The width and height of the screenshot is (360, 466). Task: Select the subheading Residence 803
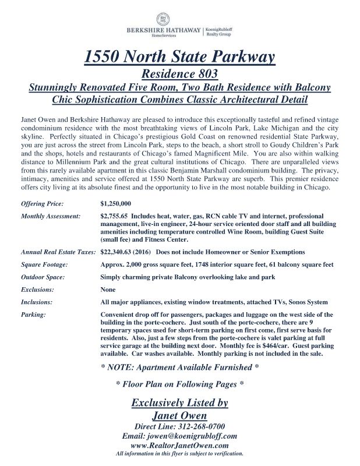click(x=180, y=74)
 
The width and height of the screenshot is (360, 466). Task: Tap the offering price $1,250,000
click(x=116, y=204)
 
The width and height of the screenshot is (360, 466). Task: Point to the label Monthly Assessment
click(x=50, y=216)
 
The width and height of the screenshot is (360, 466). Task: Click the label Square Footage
click(x=44, y=264)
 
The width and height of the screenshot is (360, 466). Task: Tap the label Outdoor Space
click(x=43, y=277)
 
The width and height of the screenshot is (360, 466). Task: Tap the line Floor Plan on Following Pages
click(x=179, y=384)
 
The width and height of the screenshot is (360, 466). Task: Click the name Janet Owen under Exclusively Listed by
click(x=179, y=416)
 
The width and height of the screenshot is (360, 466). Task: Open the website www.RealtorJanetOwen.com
click(x=179, y=446)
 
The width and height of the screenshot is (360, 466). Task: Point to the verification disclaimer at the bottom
click(x=179, y=454)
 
